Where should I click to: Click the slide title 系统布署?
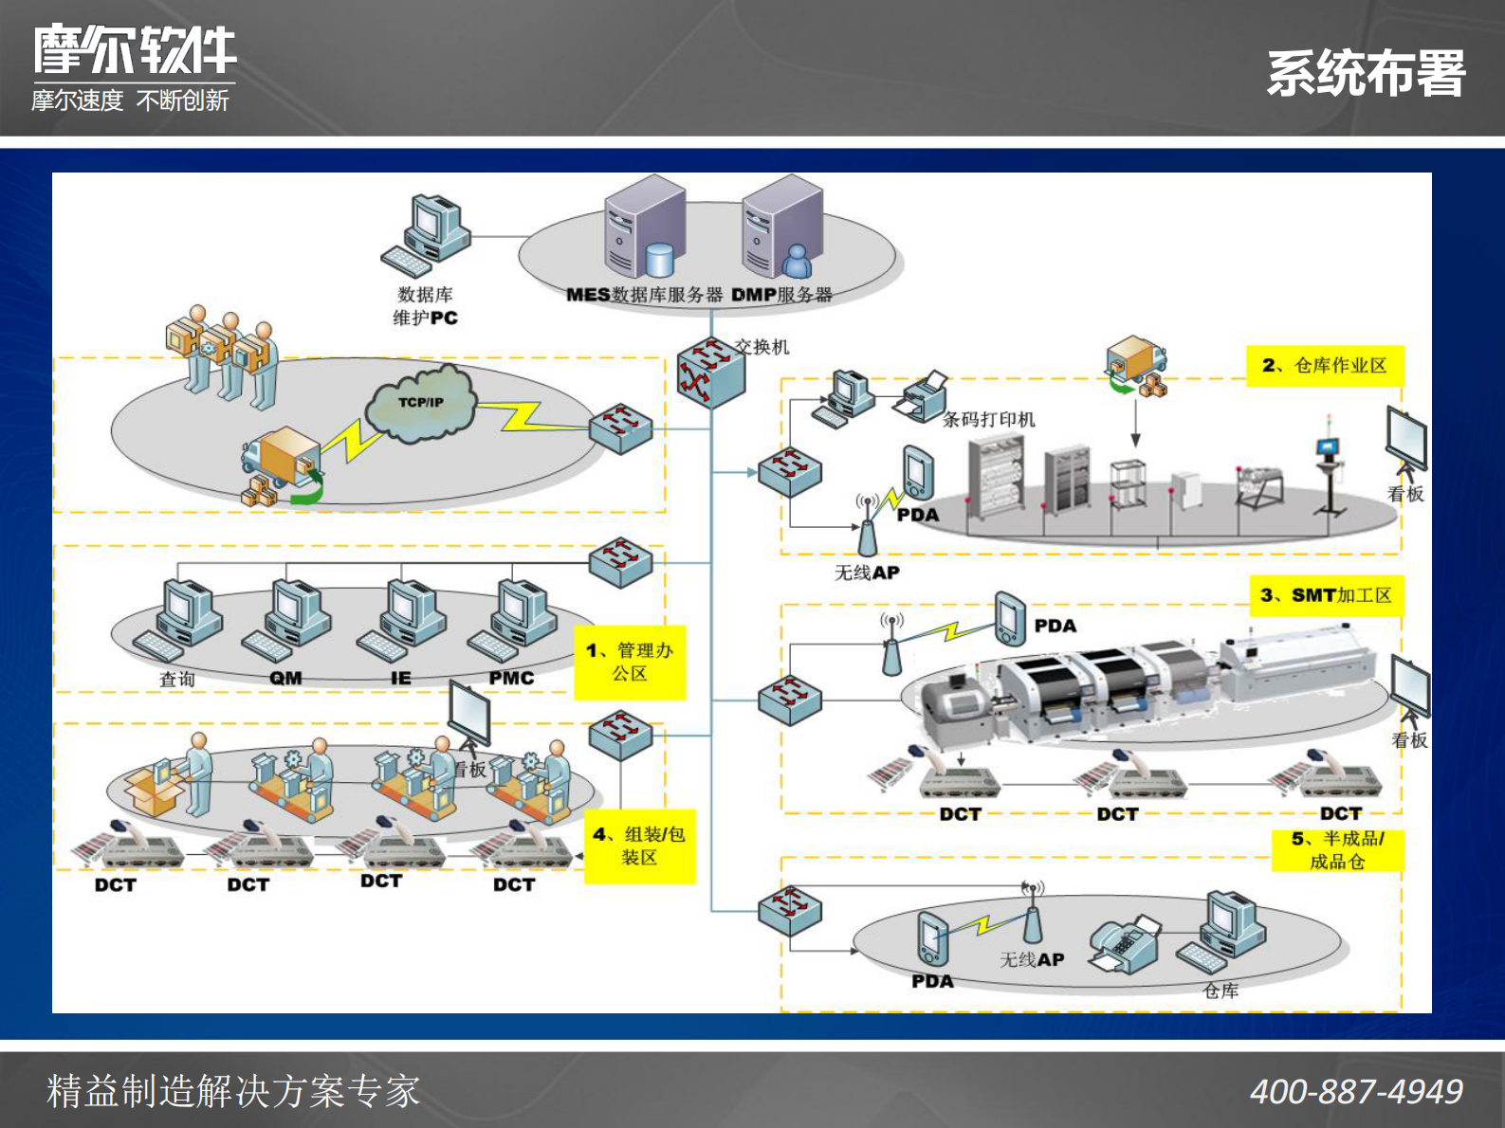(x=1366, y=74)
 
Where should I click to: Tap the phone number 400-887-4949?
(x=1356, y=1092)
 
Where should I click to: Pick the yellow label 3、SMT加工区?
(x=1325, y=595)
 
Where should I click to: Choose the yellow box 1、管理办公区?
(x=630, y=662)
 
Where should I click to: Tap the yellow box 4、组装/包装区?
(x=639, y=846)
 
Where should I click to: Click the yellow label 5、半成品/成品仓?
(x=1337, y=850)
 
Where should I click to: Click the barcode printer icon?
(x=922, y=396)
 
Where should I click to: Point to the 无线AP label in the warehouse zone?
(x=867, y=573)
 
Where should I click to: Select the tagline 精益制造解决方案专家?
(x=233, y=1091)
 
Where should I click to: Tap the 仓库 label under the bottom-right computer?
(x=1221, y=991)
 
